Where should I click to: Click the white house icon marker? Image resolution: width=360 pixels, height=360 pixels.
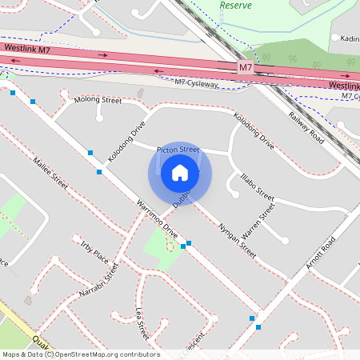[x=180, y=173]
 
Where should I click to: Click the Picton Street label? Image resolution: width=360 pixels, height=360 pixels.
[x=178, y=150]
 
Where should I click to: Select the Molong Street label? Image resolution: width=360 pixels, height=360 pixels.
[x=98, y=101]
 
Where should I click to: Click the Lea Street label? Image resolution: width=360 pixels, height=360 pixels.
[x=142, y=324]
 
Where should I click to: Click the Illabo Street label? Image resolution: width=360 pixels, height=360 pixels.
[x=257, y=187]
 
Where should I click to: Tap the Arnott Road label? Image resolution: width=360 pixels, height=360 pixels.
[x=319, y=253]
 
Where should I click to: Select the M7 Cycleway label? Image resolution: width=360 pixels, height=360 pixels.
[x=196, y=82]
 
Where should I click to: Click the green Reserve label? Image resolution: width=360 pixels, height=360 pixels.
[x=235, y=5]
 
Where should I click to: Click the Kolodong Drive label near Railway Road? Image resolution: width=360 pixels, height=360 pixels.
[x=254, y=130]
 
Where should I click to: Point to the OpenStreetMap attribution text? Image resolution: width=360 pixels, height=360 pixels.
[x=80, y=354]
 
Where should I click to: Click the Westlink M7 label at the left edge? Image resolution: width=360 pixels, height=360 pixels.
[x=27, y=49]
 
